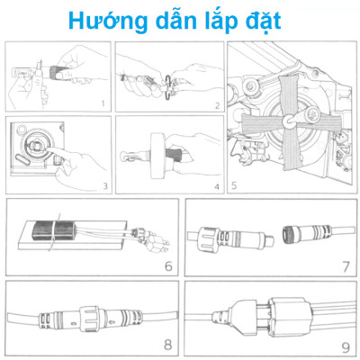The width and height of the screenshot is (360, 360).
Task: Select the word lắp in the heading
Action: pos(225,21)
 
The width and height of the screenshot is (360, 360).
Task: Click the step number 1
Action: pos(103,103)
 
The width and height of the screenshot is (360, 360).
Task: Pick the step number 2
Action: pos(216,104)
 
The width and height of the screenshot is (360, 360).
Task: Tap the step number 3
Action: pos(104,186)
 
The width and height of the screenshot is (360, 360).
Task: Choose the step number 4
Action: pos(217,186)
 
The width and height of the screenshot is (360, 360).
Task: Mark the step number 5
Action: pos(234,186)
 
